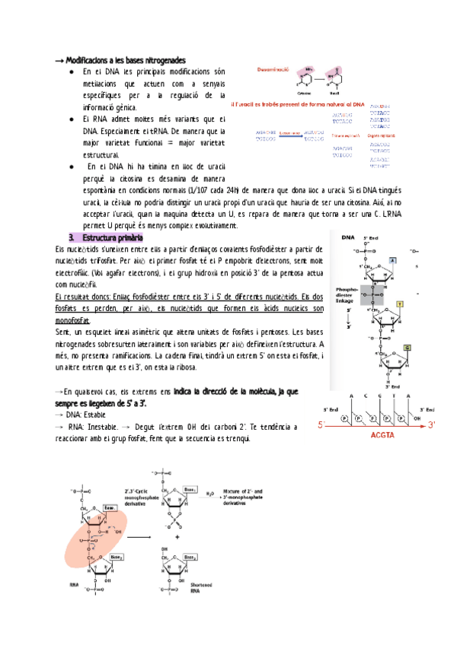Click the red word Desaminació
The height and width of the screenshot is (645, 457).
[272, 69]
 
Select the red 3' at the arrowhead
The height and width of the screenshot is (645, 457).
[432, 424]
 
